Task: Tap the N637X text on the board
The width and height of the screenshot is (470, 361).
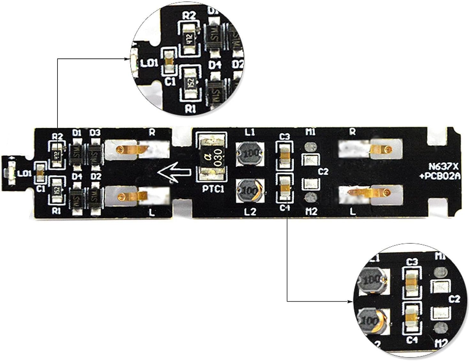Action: coord(444,166)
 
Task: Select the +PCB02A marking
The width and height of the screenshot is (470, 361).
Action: coord(441,176)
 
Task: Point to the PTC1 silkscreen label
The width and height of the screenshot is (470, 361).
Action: coord(213,189)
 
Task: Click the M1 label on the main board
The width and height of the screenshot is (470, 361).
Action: coord(310,132)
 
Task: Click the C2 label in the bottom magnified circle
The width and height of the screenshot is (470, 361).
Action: coord(454,299)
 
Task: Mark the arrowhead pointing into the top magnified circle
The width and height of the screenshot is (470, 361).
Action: coord(128,59)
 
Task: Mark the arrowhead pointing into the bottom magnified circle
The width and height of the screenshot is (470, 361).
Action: coord(350,301)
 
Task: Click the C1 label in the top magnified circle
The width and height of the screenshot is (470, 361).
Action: coord(170,82)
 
